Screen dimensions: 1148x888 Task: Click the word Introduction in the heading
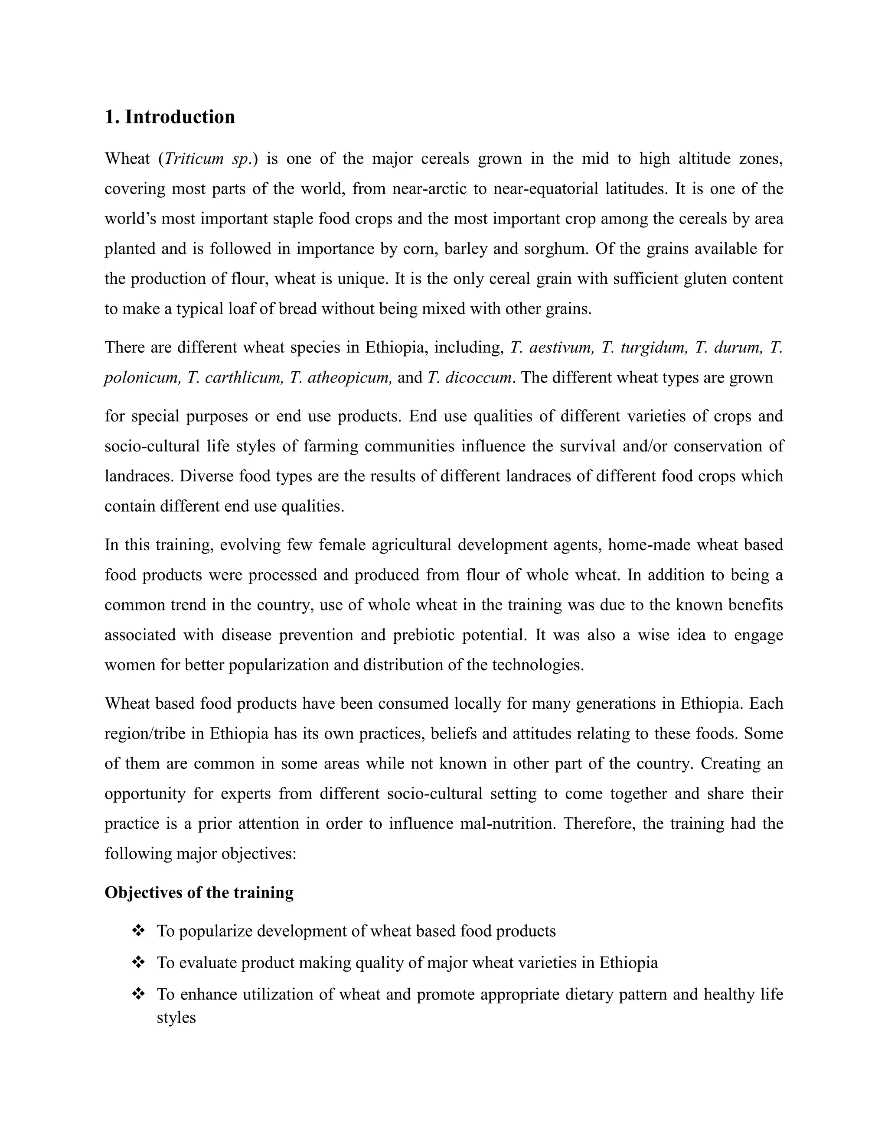coord(180,117)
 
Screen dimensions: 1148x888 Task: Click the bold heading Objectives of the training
coord(199,892)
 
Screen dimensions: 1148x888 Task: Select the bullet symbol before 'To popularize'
coord(138,931)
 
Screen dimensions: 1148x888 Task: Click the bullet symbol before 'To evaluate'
coord(138,963)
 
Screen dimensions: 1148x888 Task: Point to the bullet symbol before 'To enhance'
coord(138,994)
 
